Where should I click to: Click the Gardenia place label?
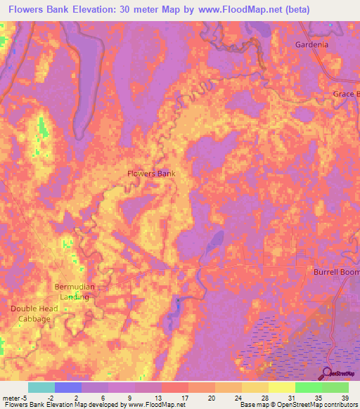tap(311, 45)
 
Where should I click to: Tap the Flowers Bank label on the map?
tap(150, 174)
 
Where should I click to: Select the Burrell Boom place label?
tap(336, 271)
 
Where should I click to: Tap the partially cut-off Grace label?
tap(347, 94)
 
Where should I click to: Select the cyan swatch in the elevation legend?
tap(41, 387)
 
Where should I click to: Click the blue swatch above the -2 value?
tap(68, 387)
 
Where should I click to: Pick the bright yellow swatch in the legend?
tap(281, 387)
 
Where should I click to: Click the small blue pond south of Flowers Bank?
tap(178, 303)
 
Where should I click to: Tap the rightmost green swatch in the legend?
tap(335, 387)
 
